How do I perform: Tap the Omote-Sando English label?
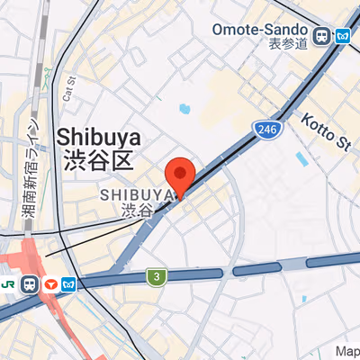[260, 29]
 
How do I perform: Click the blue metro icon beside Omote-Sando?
[343, 36]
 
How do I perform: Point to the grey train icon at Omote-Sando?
[321, 37]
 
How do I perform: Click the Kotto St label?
[325, 130]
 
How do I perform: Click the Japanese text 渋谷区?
[99, 161]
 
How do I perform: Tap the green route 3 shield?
[157, 276]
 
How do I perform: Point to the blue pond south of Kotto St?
[301, 158]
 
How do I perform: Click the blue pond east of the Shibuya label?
[184, 109]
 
